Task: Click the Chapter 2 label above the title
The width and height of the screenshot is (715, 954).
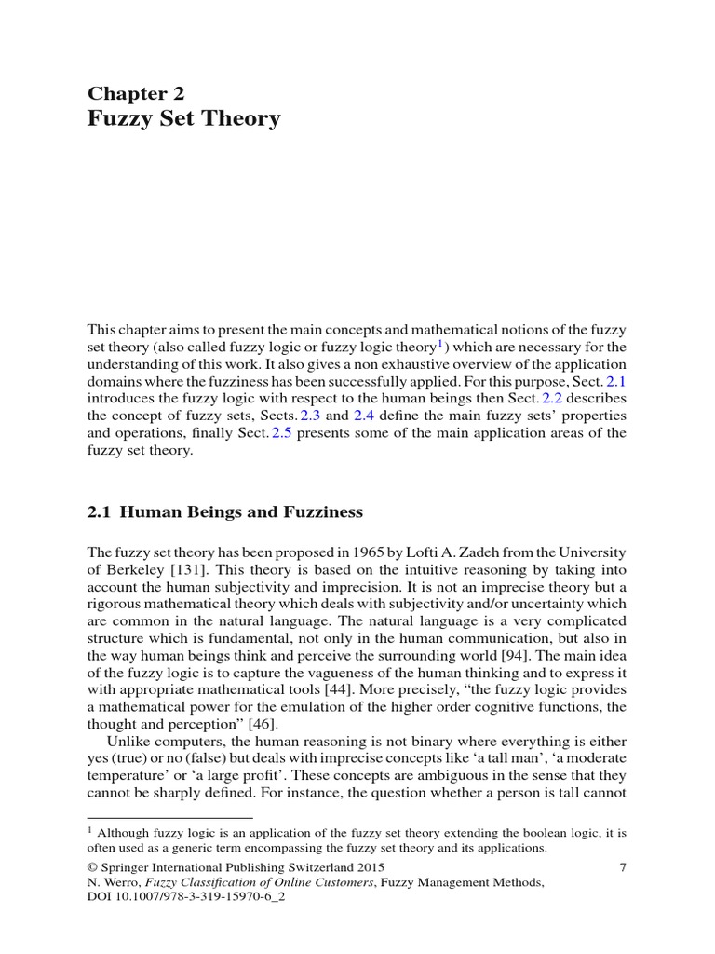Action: (x=136, y=92)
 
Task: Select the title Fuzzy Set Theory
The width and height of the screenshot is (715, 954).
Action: (x=183, y=119)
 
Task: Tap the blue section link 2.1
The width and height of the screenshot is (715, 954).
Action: (x=616, y=381)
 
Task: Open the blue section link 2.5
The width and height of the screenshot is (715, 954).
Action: (x=281, y=432)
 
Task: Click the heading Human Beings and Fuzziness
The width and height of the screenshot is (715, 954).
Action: (x=242, y=511)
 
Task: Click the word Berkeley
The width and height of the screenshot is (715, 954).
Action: (x=136, y=569)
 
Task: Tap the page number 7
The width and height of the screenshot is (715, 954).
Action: (x=621, y=867)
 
